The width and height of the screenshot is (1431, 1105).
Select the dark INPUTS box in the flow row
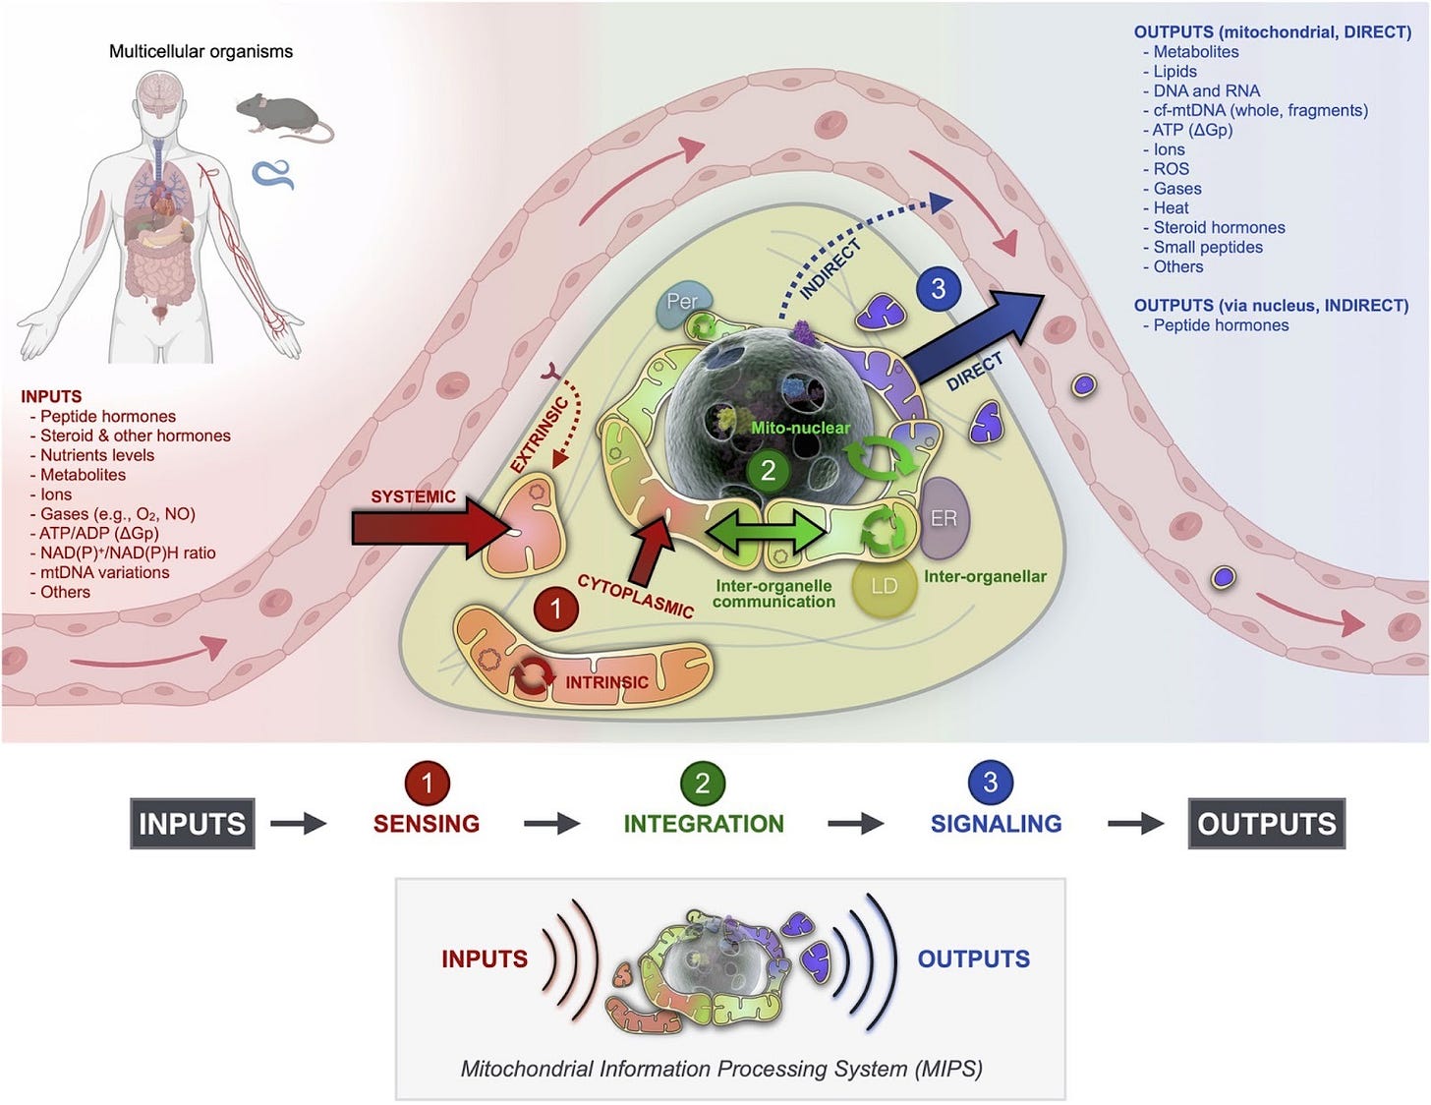click(x=193, y=824)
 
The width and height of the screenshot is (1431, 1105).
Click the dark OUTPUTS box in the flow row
click(x=1266, y=824)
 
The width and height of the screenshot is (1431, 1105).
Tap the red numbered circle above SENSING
click(x=427, y=784)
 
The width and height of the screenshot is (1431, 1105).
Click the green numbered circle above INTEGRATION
click(x=703, y=784)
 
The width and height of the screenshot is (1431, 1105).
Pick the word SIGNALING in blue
click(x=996, y=824)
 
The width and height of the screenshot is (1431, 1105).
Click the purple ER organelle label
click(x=944, y=518)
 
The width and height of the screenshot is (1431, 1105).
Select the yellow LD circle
click(x=885, y=586)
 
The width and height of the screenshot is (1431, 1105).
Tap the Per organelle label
click(x=682, y=302)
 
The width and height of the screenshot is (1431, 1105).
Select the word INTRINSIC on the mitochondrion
click(x=606, y=682)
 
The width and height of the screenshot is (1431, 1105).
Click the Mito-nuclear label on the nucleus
click(x=800, y=428)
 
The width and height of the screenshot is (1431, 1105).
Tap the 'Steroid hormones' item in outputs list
click(x=1219, y=228)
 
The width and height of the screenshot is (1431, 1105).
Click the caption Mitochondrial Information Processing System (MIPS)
click(x=721, y=1069)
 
